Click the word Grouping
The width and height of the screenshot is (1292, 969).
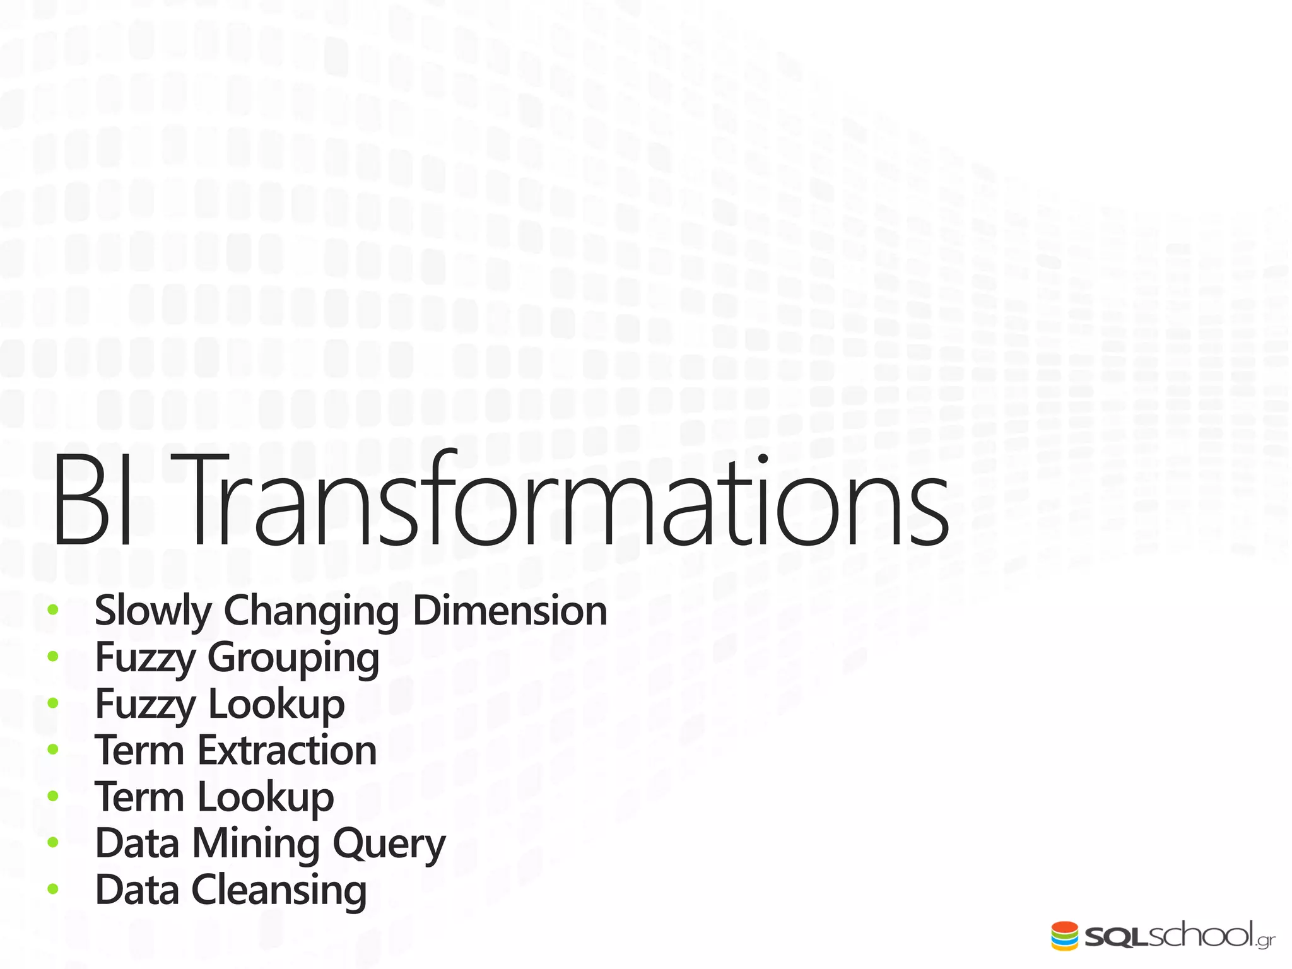point(293,659)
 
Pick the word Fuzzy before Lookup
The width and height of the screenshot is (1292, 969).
point(145,705)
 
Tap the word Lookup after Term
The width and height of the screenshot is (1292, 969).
point(266,797)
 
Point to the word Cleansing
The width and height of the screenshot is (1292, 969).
point(278,891)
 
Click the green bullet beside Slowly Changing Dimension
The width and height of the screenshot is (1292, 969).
point(53,610)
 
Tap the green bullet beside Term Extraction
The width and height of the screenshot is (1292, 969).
point(53,749)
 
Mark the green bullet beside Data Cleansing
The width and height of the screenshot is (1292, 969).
point(53,890)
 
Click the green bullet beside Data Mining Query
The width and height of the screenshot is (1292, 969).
point(53,843)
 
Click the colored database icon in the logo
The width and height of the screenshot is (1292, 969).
point(1064,936)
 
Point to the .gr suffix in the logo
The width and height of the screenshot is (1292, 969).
point(1265,941)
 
